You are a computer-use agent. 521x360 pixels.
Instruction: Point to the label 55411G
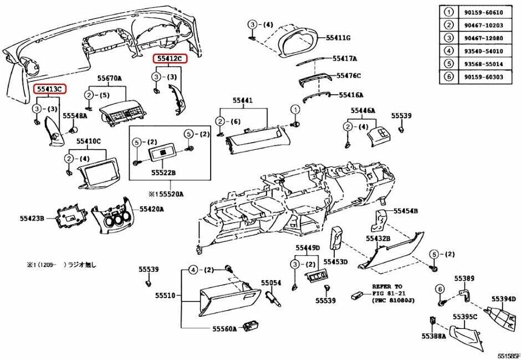click(x=338, y=38)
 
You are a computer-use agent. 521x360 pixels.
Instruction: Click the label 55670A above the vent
click(x=110, y=79)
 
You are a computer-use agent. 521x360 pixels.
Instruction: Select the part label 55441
click(x=242, y=100)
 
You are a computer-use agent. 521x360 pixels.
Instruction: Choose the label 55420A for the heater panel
click(x=151, y=209)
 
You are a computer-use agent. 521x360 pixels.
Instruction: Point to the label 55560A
click(x=224, y=328)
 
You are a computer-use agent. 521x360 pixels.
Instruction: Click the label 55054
click(x=271, y=283)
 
